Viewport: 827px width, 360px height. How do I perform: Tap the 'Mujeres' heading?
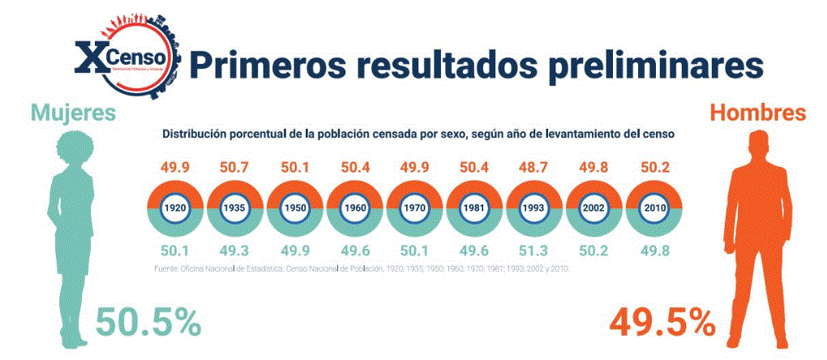pos(74,112)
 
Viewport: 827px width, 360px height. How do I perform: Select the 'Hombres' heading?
pos(758,112)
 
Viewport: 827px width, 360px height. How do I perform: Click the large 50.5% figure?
pos(148,323)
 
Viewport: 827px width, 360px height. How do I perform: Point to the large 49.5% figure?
pos(662,323)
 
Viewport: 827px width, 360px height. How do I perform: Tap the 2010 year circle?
pos(653,208)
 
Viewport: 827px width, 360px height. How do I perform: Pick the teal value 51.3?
pos(534,250)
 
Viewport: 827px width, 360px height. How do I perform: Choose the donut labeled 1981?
pos(474,208)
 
